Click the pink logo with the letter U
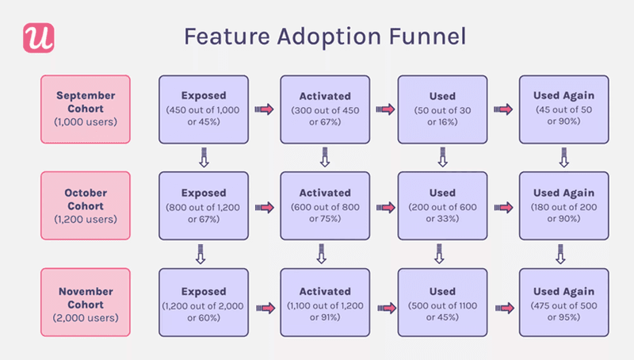tap(37, 37)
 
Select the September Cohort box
tap(85, 109)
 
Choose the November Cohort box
tap(85, 303)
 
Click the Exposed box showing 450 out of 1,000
tap(204, 109)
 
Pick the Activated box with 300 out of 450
tap(324, 109)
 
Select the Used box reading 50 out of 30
tap(442, 109)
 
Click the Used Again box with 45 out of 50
tap(563, 109)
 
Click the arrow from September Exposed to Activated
tap(264, 109)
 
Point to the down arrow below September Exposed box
tap(203, 160)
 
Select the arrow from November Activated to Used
tap(385, 304)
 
